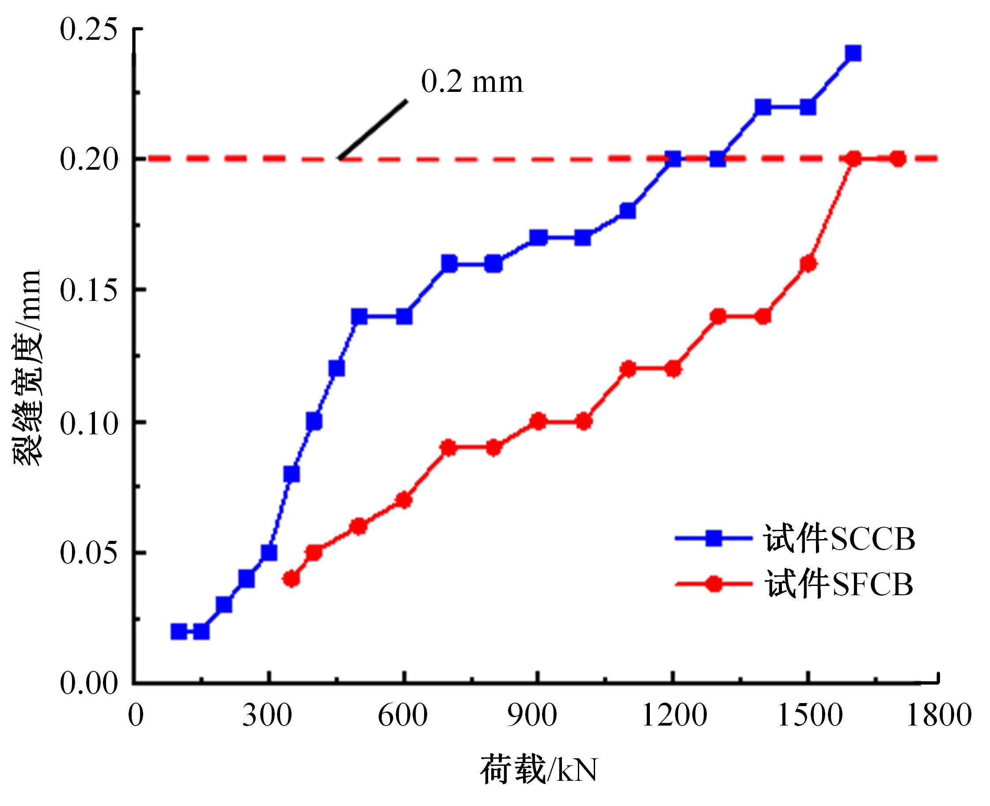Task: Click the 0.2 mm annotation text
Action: pyautogui.click(x=471, y=82)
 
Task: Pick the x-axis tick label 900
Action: pyautogui.click(x=532, y=715)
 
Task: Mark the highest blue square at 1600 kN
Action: pyautogui.click(x=853, y=54)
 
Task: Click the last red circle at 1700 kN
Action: pyautogui.click(x=898, y=159)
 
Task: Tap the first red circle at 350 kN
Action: pyautogui.click(x=291, y=578)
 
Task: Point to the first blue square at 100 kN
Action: pyautogui.click(x=178, y=631)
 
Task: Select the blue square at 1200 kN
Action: pyautogui.click(x=673, y=159)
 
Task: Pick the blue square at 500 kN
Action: pyautogui.click(x=359, y=317)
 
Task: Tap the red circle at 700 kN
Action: pyautogui.click(x=448, y=448)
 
